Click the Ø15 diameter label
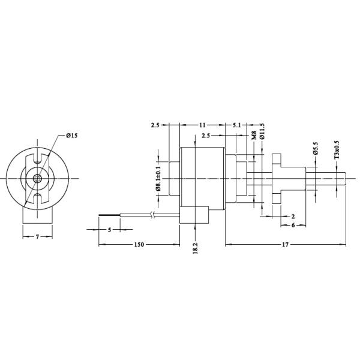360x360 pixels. (71, 136)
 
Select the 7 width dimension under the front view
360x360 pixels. (37, 238)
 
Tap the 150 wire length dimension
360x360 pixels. (139, 245)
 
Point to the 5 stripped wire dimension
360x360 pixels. (109, 230)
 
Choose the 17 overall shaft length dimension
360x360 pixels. (285, 245)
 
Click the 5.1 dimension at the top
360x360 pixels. (236, 125)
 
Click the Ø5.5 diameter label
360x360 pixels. (316, 149)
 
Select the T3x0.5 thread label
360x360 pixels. (337, 149)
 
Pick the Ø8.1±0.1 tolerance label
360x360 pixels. (158, 176)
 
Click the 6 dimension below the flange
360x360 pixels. (292, 226)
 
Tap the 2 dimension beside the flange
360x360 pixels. (292, 215)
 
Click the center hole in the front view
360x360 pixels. (37, 179)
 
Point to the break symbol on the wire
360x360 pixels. (156, 215)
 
